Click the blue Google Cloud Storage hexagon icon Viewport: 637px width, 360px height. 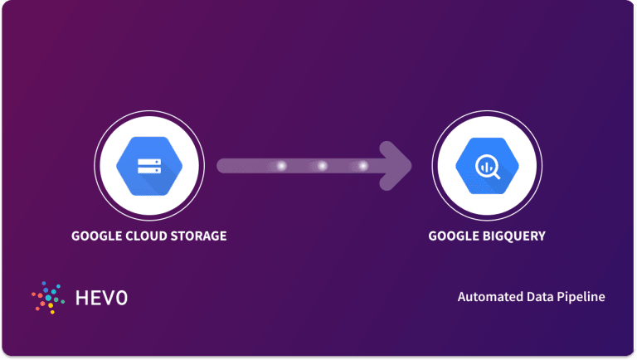(148, 167)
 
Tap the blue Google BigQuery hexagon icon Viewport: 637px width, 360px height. (487, 167)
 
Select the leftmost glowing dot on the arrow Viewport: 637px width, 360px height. (281, 166)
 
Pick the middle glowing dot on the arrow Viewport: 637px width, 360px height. (322, 166)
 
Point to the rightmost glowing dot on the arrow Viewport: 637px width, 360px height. (362, 166)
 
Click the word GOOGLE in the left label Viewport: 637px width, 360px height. (96, 236)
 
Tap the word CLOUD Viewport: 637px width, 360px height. (146, 236)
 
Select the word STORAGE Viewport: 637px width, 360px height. (197, 236)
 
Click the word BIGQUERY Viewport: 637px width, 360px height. (513, 236)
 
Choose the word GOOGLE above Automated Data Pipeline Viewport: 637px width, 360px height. (453, 236)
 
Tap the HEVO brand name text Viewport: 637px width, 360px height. (101, 297)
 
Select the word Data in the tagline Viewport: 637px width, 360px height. (537, 297)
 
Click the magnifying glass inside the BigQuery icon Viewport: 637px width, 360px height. (488, 168)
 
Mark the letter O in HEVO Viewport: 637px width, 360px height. (122, 297)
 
